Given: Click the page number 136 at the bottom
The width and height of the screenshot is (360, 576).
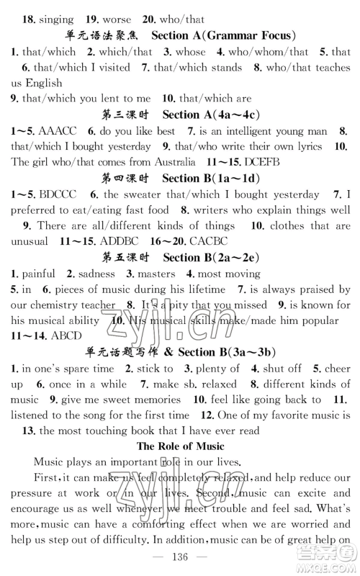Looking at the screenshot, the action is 180,557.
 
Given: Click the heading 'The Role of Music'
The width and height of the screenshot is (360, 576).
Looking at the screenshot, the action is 180,446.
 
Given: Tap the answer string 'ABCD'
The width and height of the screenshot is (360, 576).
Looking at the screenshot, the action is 66,335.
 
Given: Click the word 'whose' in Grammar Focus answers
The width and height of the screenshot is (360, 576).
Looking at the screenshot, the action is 190,53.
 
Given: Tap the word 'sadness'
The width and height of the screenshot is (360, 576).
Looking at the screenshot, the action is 96,274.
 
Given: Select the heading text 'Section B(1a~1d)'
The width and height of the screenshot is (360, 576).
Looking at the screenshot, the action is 210,178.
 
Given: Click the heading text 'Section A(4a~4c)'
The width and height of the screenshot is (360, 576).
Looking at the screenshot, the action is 210,115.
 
